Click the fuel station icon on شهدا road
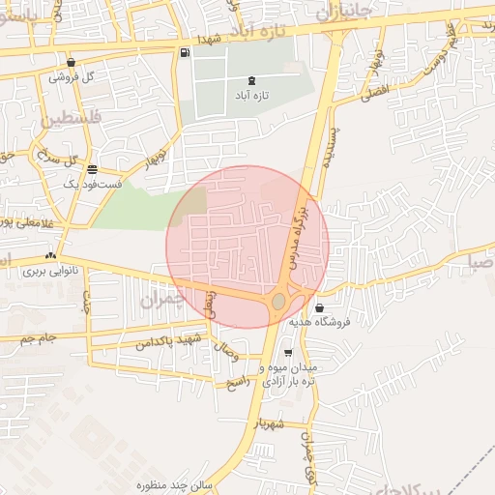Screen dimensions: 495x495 coord(184,52)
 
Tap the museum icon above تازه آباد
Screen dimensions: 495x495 coord(252,80)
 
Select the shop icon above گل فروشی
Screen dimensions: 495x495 coord(71,62)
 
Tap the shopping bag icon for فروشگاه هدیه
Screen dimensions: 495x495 coord(320,307)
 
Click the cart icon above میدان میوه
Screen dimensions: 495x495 coord(288,353)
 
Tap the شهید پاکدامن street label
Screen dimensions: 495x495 coord(168,341)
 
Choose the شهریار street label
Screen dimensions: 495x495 coord(271,422)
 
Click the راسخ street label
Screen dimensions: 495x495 coord(237,383)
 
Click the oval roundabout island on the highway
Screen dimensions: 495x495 coord(278,302)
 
